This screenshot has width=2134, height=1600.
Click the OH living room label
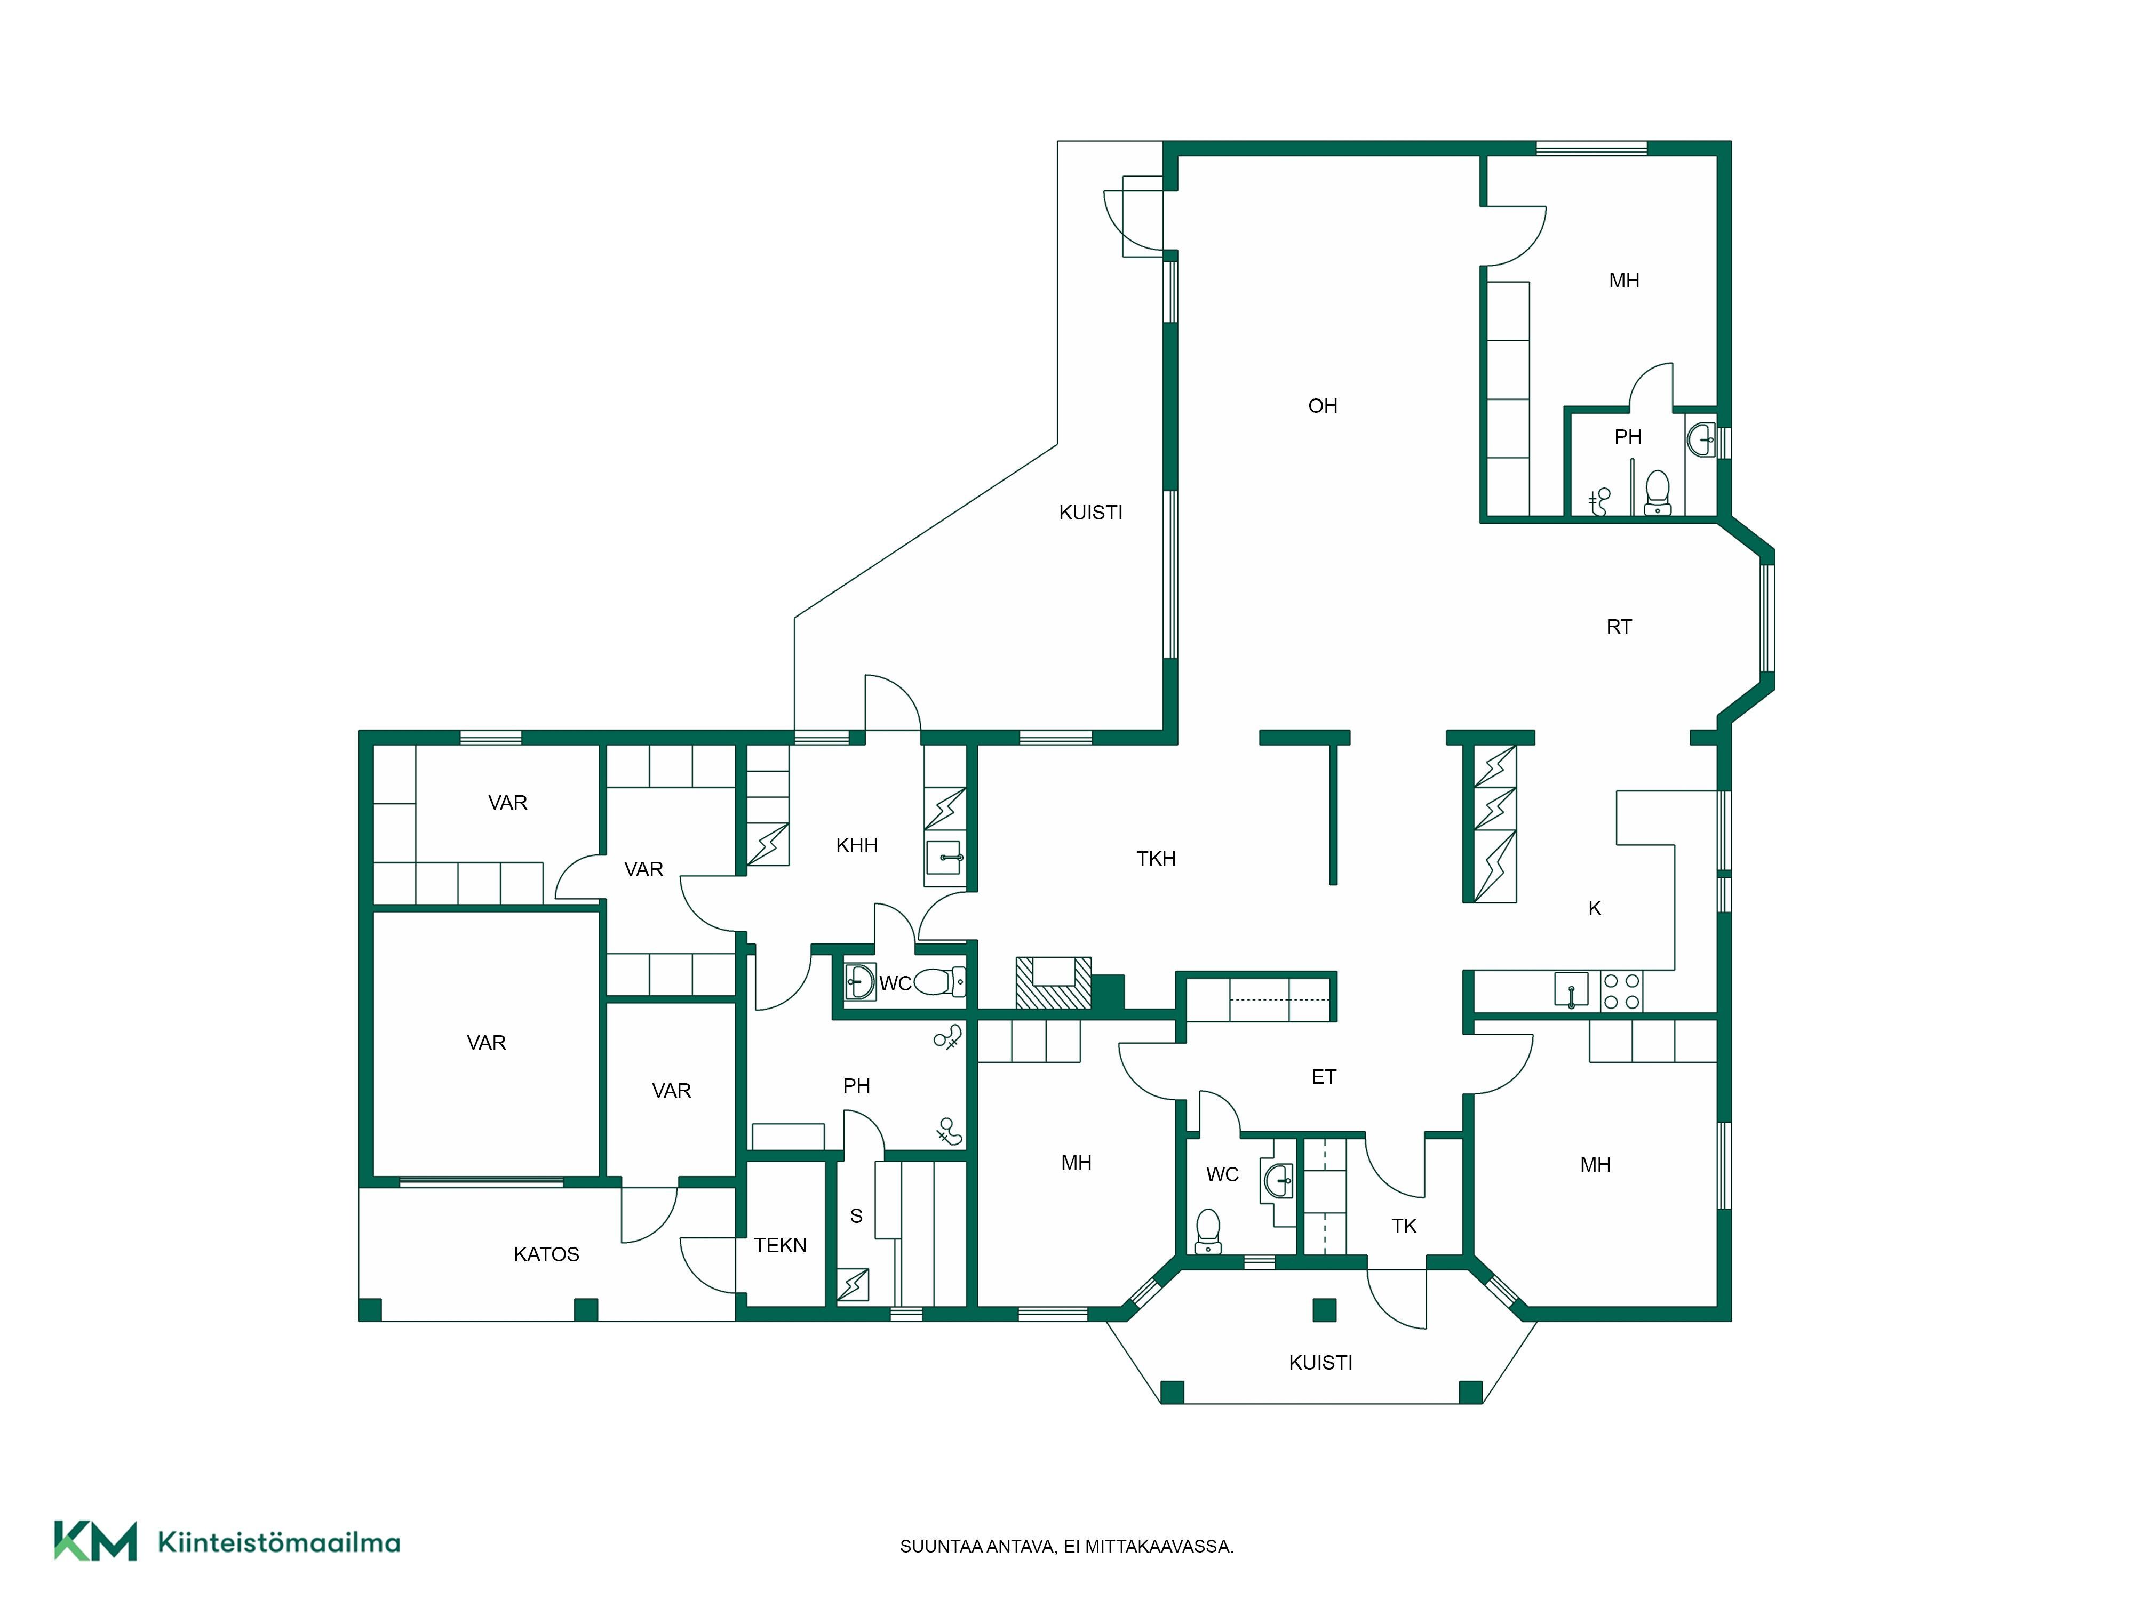tap(1323, 406)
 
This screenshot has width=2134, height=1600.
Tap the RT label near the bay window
tap(1619, 627)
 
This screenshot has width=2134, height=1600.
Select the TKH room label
tap(1156, 858)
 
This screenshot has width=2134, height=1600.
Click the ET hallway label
tap(1324, 1077)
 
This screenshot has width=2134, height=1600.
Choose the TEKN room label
tap(781, 1245)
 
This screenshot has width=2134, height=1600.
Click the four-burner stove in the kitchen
tap(1622, 991)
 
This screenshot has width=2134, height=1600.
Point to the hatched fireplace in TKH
tap(1054, 983)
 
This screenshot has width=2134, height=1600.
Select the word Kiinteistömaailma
tap(279, 1542)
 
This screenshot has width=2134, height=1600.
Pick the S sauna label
tap(856, 1216)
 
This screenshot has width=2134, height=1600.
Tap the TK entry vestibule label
tap(1404, 1226)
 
